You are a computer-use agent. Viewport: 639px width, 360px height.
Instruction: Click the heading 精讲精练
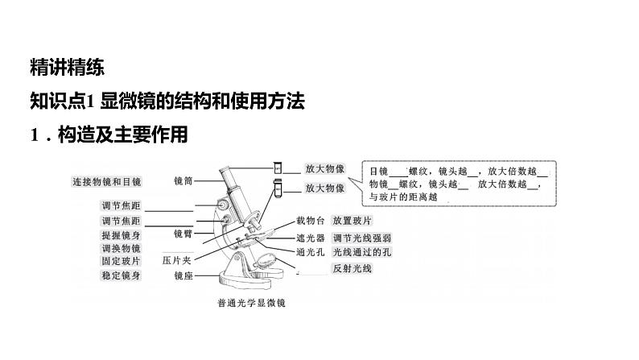tap(66, 68)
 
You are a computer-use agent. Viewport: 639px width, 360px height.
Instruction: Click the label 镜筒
tap(183, 181)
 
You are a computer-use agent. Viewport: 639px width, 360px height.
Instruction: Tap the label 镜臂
tap(183, 233)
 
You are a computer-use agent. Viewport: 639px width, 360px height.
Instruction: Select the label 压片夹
tap(177, 260)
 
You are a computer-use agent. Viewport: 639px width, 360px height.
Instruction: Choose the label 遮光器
tap(310, 238)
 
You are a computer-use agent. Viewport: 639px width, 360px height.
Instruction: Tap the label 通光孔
tap(310, 252)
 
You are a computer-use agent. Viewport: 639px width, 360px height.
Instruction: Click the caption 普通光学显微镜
tap(251, 304)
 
